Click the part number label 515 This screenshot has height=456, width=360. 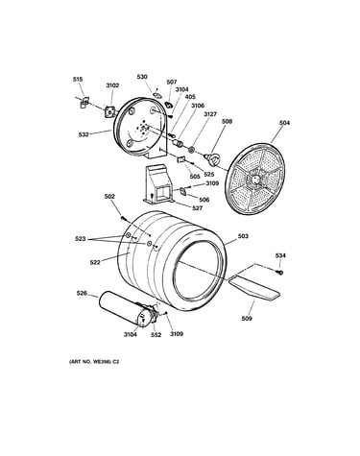[78, 79]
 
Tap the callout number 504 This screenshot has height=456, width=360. [284, 123]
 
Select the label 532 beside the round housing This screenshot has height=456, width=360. [84, 134]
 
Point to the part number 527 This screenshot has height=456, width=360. [198, 208]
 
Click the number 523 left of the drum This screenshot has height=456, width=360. [81, 239]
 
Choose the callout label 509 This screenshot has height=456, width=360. [247, 319]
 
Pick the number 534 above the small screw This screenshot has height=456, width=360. [280, 255]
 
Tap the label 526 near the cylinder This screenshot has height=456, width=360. [82, 293]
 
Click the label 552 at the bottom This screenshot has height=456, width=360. [156, 334]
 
